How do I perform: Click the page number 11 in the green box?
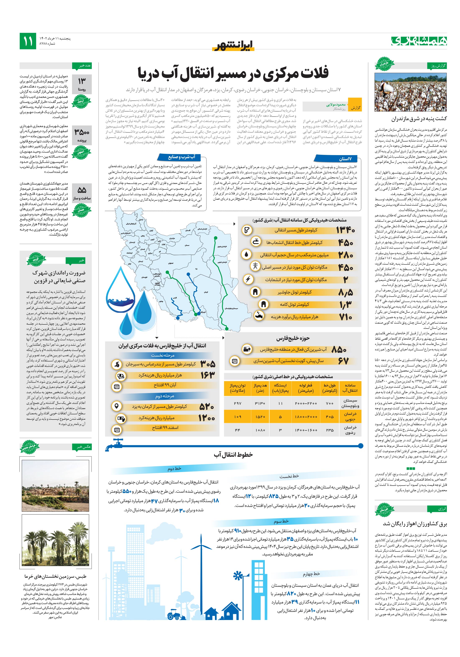(28, 41)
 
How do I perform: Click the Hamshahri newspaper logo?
(419, 41)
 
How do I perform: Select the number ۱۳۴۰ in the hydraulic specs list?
(345, 230)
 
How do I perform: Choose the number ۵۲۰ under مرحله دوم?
(206, 406)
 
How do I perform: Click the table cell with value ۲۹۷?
(238, 403)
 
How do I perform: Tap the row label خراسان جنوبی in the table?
(350, 416)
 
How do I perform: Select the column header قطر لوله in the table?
(306, 388)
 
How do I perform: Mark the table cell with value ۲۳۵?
(330, 430)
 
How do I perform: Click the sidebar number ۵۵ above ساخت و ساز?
(82, 190)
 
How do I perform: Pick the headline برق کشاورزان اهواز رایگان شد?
(414, 524)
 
